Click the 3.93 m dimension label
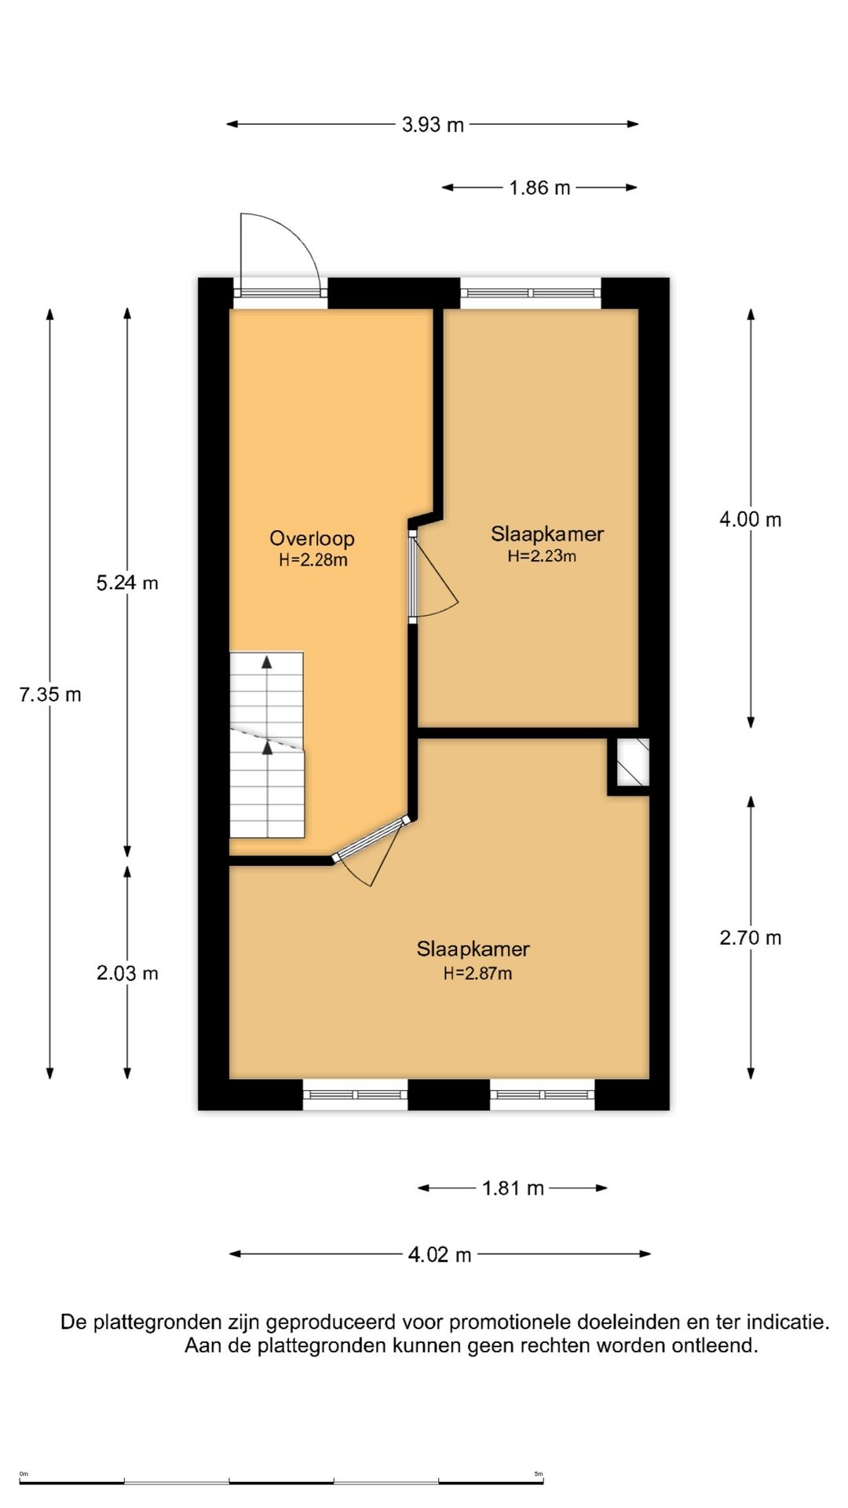pos(433,125)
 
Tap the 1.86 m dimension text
pos(539,188)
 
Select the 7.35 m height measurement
pos(50,694)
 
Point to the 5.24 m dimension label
pos(127,583)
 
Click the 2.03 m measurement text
pos(127,973)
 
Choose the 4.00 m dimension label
pos(751,519)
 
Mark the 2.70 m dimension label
pos(751,938)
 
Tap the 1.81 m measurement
pos(513,1188)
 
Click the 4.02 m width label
pos(440,1255)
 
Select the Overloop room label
pos(312,539)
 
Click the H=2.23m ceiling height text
pos(542,556)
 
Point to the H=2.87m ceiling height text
pos(477,973)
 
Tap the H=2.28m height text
pos(313,560)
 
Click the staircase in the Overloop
pos(267,745)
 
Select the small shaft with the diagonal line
pos(632,762)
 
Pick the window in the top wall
pos(531,293)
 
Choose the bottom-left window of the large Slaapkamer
pos(355,1094)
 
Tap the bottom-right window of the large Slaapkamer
pos(543,1094)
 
